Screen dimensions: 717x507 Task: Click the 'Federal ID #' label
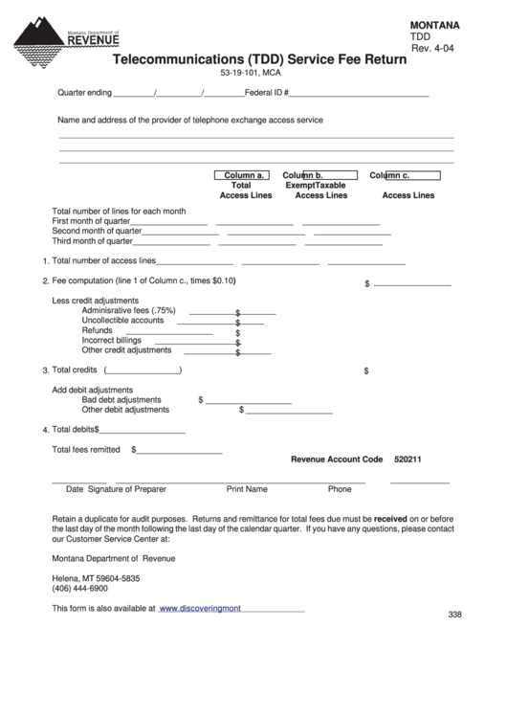click(267, 94)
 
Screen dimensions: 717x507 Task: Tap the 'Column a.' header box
click(243, 175)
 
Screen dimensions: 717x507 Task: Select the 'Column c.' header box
click(405, 175)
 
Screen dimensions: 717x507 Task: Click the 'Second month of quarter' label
click(97, 231)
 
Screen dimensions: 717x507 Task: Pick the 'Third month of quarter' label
click(93, 241)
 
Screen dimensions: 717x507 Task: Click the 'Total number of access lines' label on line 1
click(103, 260)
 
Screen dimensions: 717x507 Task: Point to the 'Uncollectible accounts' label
click(122, 321)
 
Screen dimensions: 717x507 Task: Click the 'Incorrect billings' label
click(112, 340)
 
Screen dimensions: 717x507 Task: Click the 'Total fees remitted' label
click(86, 449)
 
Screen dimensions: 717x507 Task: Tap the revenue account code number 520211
click(408, 459)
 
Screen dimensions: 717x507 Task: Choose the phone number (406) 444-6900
click(79, 589)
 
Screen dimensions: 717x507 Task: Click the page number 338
click(454, 615)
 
